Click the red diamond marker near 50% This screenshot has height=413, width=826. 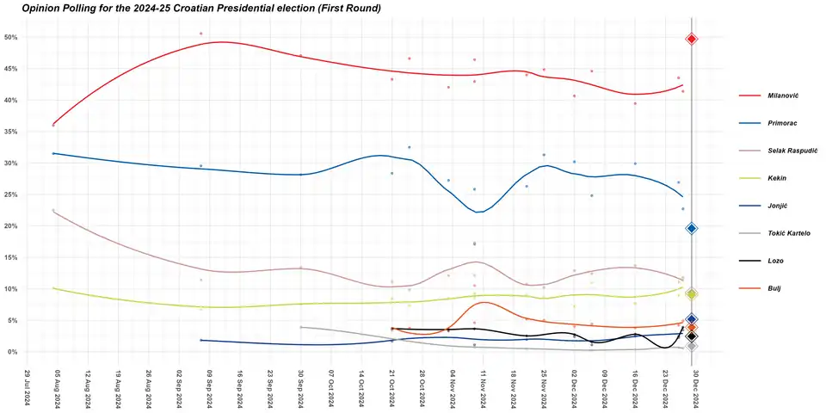point(692,39)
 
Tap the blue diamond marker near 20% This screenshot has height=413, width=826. point(692,228)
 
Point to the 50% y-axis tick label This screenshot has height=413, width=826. point(11,38)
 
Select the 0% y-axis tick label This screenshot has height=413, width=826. point(13,352)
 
